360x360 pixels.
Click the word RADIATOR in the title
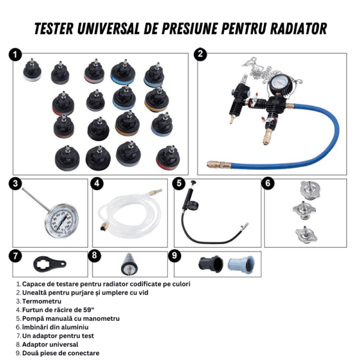(x=298, y=29)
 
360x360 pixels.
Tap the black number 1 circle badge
(x=15, y=55)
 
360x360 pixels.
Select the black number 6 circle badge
(x=268, y=183)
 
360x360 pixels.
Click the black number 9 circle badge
(x=175, y=256)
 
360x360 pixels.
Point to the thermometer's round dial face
(x=62, y=221)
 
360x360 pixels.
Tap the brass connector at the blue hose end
(x=218, y=164)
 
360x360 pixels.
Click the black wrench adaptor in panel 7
(x=50, y=264)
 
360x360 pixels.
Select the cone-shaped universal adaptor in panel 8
(x=129, y=264)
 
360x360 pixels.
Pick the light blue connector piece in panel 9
(x=241, y=265)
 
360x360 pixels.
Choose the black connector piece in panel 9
(x=211, y=264)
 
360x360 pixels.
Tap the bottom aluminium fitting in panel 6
(x=306, y=235)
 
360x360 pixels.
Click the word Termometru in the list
(x=41, y=301)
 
